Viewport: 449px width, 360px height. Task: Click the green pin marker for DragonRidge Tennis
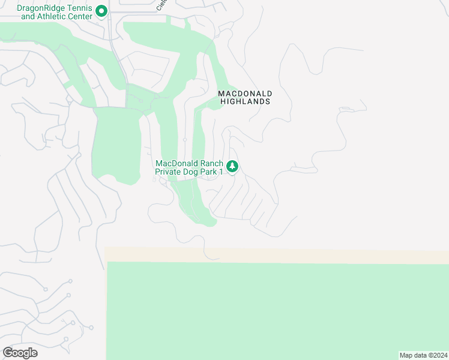101,11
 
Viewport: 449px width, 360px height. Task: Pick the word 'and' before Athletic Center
28,17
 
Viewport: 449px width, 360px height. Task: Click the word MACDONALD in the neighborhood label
245,94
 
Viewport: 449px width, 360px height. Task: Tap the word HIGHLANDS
245,102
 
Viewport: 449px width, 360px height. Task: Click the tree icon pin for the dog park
232,166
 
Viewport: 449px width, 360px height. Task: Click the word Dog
194,172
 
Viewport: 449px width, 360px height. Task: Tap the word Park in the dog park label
211,172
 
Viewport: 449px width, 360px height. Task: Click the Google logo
20,353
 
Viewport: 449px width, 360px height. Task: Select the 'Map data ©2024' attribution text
423,355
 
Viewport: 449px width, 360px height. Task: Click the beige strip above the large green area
276,255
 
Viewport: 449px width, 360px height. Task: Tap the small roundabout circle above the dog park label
185,140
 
